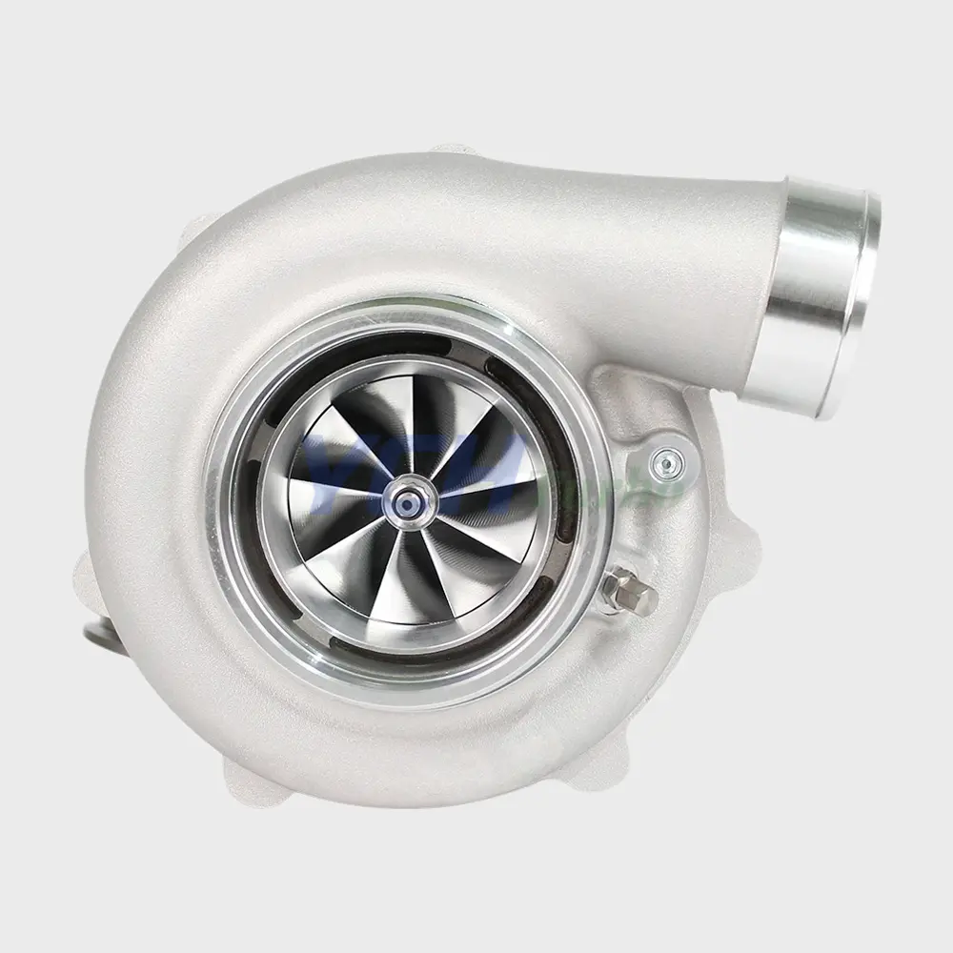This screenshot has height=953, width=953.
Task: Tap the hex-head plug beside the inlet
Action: pos(631,594)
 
